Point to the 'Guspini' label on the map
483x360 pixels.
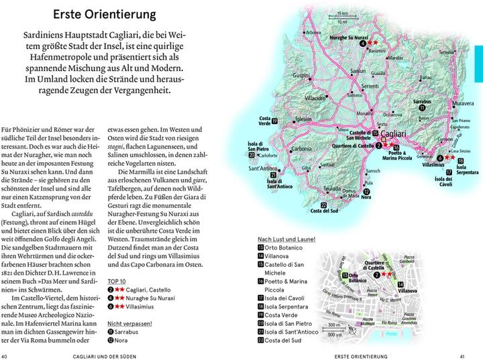coord(314,75)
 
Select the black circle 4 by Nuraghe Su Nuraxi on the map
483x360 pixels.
coord(362,44)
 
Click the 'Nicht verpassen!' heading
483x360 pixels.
coord(130,323)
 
